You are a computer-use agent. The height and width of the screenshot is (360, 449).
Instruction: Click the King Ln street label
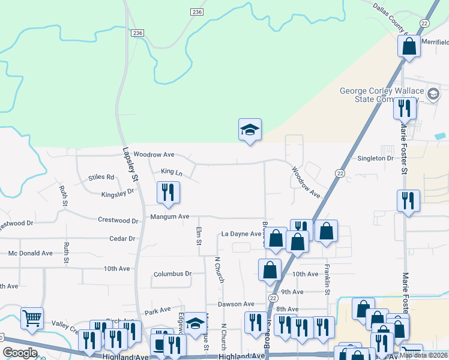click(x=171, y=172)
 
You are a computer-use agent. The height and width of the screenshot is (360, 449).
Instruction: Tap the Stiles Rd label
click(x=101, y=177)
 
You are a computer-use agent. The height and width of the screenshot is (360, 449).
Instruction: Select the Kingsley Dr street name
click(x=117, y=194)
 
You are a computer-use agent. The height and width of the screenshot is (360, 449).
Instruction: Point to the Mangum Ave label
click(x=170, y=217)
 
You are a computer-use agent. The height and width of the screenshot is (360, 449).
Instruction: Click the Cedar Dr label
click(x=122, y=238)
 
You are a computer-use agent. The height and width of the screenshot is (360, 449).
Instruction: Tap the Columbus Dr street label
click(x=172, y=274)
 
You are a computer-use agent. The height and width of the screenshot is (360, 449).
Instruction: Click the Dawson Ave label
click(x=236, y=304)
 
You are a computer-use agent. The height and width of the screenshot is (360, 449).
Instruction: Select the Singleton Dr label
click(x=375, y=158)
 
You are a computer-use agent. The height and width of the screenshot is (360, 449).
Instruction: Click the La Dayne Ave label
click(x=241, y=233)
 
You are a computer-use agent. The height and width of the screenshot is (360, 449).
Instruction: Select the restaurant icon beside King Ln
click(x=168, y=192)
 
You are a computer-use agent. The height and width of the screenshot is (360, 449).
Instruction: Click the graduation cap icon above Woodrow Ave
click(x=250, y=129)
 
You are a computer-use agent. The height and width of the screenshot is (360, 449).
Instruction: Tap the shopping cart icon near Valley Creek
click(x=32, y=318)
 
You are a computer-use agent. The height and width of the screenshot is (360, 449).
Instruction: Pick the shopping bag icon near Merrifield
click(x=409, y=46)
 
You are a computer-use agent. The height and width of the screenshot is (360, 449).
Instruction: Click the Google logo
click(x=20, y=353)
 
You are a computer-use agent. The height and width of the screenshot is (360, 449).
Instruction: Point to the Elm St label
click(x=198, y=236)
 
